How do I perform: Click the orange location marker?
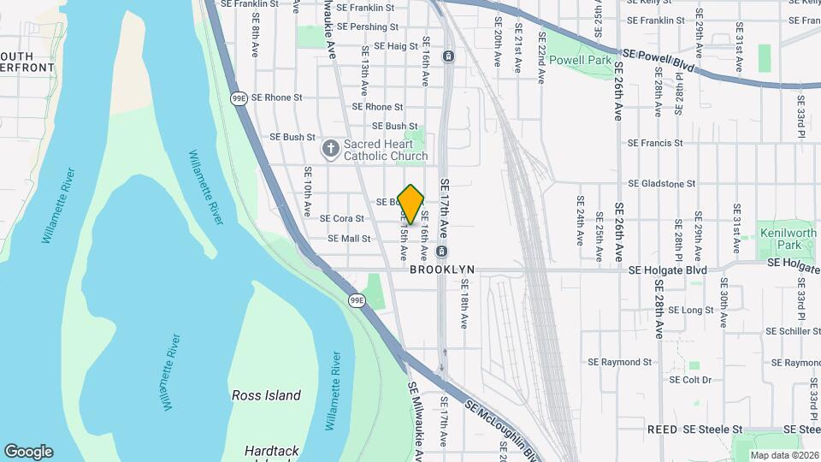coord(410,204)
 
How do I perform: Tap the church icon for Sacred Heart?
coord(331,150)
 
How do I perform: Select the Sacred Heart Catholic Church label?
coord(385,150)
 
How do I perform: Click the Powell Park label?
coord(581,60)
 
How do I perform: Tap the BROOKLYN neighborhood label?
coord(442,269)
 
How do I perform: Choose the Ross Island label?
coord(266,395)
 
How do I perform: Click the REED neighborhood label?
coord(662,429)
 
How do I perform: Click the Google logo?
coord(28,452)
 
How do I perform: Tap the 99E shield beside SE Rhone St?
coord(239,98)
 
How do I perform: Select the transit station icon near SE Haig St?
coord(447,56)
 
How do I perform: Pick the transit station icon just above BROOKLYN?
coord(441,252)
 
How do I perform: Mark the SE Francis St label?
coord(654,143)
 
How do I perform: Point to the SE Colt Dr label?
coord(690,379)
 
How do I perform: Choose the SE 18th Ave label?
coord(464,306)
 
